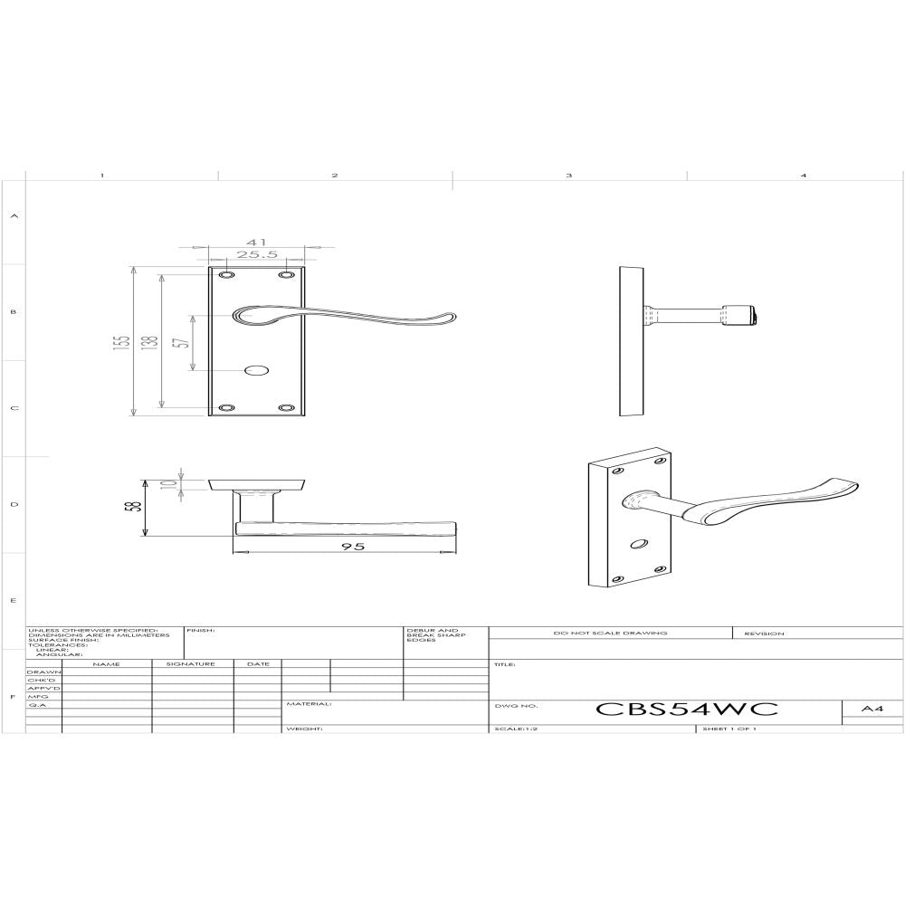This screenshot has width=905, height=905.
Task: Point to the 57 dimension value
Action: pyautogui.click(x=181, y=342)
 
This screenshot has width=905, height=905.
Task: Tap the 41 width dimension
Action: pyautogui.click(x=257, y=243)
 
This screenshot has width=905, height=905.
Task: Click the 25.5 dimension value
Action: pyautogui.click(x=257, y=255)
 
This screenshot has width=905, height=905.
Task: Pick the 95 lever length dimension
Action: pyautogui.click(x=348, y=547)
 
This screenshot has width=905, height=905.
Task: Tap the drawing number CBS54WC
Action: pyautogui.click(x=685, y=710)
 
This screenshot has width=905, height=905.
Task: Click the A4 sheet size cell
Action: pyautogui.click(x=872, y=710)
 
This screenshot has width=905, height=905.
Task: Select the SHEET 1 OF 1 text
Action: pyautogui.click(x=729, y=729)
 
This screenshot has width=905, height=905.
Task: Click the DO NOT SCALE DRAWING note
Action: pyautogui.click(x=610, y=633)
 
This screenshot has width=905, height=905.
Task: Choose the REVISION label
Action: pyautogui.click(x=764, y=633)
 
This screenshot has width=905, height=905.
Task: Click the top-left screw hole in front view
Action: pyautogui.click(x=225, y=273)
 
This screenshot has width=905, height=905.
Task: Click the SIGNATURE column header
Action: pyautogui.click(x=192, y=664)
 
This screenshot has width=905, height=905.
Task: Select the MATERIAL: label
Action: pyautogui.click(x=309, y=703)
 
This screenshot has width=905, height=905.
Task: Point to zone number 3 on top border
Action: pyautogui.click(x=569, y=175)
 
